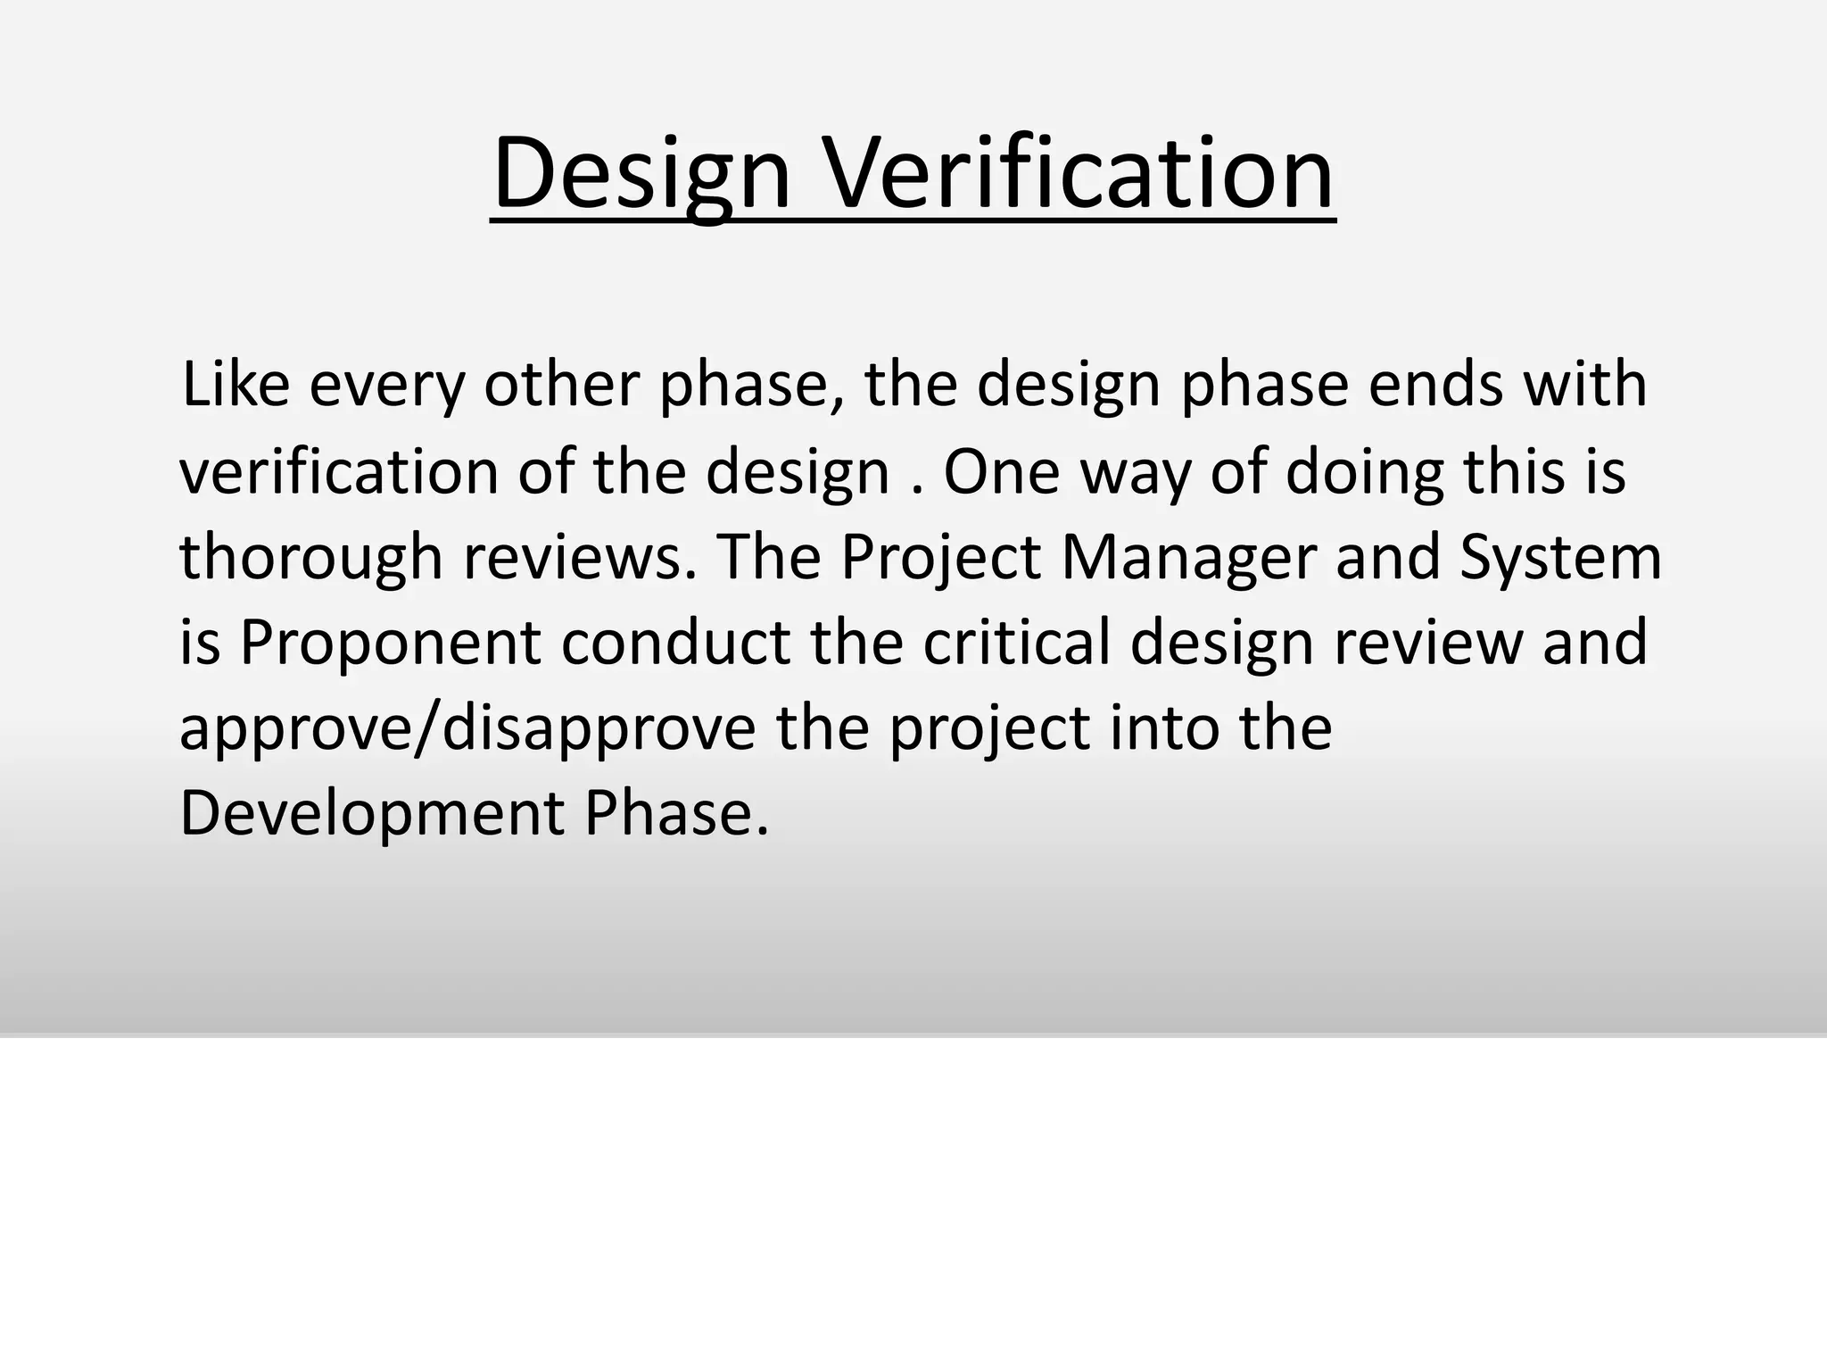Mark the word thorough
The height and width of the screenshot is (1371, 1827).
click(x=311, y=557)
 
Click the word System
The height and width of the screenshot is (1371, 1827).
click(x=1560, y=557)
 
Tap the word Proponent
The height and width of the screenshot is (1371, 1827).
click(x=390, y=643)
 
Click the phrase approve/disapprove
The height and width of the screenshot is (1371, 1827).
click(x=467, y=728)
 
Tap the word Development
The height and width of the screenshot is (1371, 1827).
click(x=371, y=813)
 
